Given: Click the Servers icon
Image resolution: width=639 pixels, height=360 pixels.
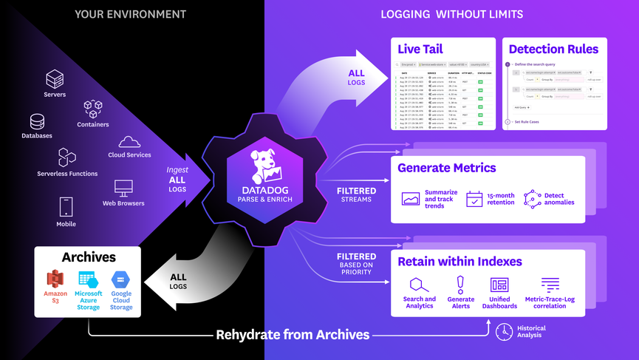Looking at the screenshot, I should [55, 79].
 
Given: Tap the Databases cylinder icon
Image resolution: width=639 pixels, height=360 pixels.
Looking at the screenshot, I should [37, 121].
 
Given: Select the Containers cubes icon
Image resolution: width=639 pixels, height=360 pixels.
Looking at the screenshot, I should [93, 110].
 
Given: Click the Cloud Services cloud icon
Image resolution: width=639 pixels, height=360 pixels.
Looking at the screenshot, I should [129, 142].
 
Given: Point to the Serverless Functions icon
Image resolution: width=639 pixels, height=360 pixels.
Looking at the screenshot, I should [67, 157].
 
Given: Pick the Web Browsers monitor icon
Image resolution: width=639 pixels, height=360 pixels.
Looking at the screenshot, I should [123, 189].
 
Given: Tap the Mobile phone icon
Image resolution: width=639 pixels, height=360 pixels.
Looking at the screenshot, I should [66, 206].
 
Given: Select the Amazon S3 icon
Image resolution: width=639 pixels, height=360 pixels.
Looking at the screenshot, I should [56, 279].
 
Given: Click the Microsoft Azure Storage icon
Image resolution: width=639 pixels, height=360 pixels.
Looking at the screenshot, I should [89, 279].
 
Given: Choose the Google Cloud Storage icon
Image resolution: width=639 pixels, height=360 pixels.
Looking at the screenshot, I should [121, 279].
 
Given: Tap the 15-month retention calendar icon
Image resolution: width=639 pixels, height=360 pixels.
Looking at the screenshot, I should [474, 198].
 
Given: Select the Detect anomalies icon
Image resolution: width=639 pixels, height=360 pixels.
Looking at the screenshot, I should [532, 198].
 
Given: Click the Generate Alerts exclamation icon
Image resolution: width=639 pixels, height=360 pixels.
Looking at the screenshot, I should [461, 284].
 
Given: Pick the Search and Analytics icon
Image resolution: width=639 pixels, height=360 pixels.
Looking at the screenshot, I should [419, 285].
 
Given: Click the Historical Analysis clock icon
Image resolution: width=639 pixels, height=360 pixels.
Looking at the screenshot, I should [504, 330].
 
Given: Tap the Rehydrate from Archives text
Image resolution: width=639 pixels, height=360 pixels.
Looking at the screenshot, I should [293, 335].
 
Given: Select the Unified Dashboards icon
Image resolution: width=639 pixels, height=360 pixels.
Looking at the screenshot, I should [499, 285].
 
